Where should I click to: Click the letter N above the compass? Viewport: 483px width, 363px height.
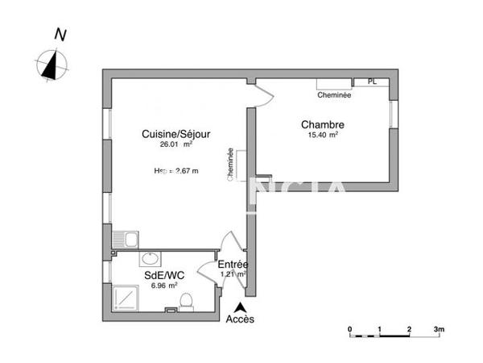(60, 35)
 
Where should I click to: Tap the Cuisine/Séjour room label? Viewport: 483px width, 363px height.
(176, 135)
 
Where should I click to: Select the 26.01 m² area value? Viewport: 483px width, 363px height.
(176, 145)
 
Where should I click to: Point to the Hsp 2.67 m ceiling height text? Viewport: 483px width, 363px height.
(176, 171)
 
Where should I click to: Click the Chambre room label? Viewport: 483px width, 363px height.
(323, 125)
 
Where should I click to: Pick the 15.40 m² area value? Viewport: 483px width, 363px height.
(323, 136)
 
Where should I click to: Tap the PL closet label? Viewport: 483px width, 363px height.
(371, 81)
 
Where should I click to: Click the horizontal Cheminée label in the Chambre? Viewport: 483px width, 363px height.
(334, 95)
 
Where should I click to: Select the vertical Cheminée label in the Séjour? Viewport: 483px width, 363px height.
(231, 165)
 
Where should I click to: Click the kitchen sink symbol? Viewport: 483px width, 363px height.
(126, 239)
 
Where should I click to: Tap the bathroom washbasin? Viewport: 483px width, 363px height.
(150, 260)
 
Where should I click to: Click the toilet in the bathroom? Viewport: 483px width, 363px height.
(186, 302)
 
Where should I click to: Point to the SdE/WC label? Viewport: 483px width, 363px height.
(164, 275)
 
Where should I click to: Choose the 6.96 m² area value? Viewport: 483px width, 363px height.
(164, 285)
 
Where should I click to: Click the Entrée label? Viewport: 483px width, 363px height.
(233, 265)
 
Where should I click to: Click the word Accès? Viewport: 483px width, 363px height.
(240, 319)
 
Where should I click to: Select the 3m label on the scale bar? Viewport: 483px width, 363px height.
(439, 329)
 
